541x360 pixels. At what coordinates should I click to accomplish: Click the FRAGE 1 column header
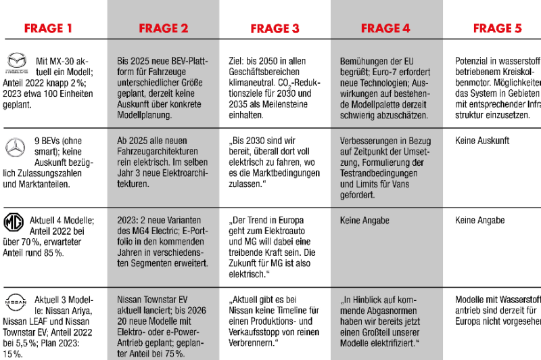(x=48, y=28)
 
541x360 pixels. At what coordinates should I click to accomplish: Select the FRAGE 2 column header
(x=164, y=28)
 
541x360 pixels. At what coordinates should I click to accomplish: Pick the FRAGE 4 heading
(x=385, y=28)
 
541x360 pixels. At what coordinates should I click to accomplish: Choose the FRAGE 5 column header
(x=497, y=28)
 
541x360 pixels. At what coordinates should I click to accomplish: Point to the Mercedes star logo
(x=15, y=146)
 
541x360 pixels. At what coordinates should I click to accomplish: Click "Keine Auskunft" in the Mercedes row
(x=482, y=141)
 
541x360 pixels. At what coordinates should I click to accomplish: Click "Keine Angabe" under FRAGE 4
(x=364, y=221)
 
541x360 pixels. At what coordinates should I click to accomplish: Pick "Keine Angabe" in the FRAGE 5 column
(x=480, y=221)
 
